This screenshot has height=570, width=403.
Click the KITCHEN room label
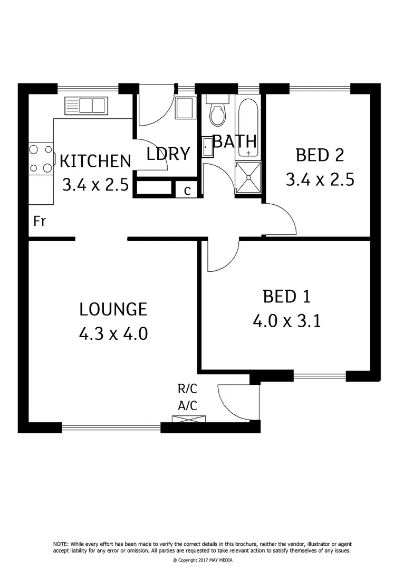tap(95, 160)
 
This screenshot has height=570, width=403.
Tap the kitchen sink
tap(85, 106)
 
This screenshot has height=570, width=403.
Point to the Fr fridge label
tap(40, 221)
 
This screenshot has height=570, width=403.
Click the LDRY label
tap(168, 154)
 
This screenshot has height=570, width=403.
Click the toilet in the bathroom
tap(217, 112)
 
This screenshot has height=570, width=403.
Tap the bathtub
tap(247, 128)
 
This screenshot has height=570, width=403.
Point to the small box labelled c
tap(187, 190)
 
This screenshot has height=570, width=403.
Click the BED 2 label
tap(320, 155)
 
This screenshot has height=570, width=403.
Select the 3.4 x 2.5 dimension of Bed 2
tap(320, 179)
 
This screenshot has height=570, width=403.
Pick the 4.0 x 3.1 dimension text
tap(287, 321)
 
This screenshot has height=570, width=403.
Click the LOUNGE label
tap(113, 309)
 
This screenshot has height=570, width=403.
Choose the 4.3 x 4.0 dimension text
tap(113, 334)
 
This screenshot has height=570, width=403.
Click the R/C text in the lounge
tap(187, 389)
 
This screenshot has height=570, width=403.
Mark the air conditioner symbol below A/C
tap(187, 420)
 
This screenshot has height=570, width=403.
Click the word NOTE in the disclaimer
tap(61, 544)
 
